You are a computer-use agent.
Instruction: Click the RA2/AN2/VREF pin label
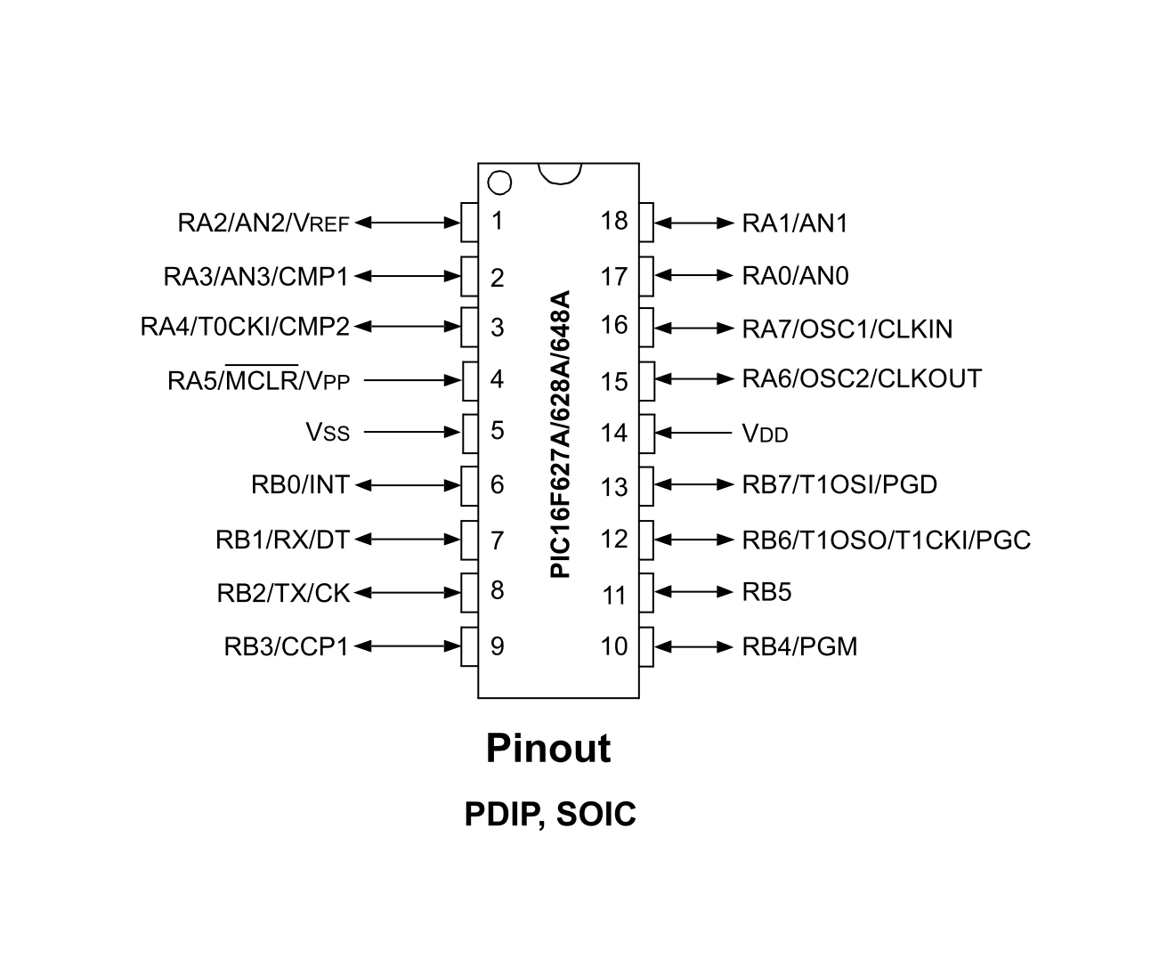tap(263, 223)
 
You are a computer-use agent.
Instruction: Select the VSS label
tap(328, 433)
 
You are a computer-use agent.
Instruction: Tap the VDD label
tap(765, 434)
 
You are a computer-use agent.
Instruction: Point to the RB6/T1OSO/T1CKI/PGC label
tap(886, 540)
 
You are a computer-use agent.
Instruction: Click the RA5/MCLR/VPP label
tap(258, 381)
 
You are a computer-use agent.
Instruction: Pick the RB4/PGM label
tap(799, 646)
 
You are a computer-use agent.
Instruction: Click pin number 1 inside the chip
tap(497, 220)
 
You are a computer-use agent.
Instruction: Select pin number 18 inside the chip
tap(613, 220)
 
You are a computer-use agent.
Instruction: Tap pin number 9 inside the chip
tap(497, 645)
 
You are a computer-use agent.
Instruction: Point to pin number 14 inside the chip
tap(613, 434)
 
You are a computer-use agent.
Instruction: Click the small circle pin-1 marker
tap(499, 183)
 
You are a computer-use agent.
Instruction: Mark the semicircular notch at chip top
tap(560, 173)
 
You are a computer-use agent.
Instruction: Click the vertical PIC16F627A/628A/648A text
tap(560, 434)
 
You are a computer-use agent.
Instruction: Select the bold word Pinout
tap(548, 749)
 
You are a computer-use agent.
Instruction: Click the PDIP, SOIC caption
tap(550, 814)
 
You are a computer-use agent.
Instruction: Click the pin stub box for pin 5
tap(469, 433)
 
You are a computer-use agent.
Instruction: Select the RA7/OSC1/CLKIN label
tap(847, 329)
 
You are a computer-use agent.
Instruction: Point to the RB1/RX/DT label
tap(282, 540)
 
